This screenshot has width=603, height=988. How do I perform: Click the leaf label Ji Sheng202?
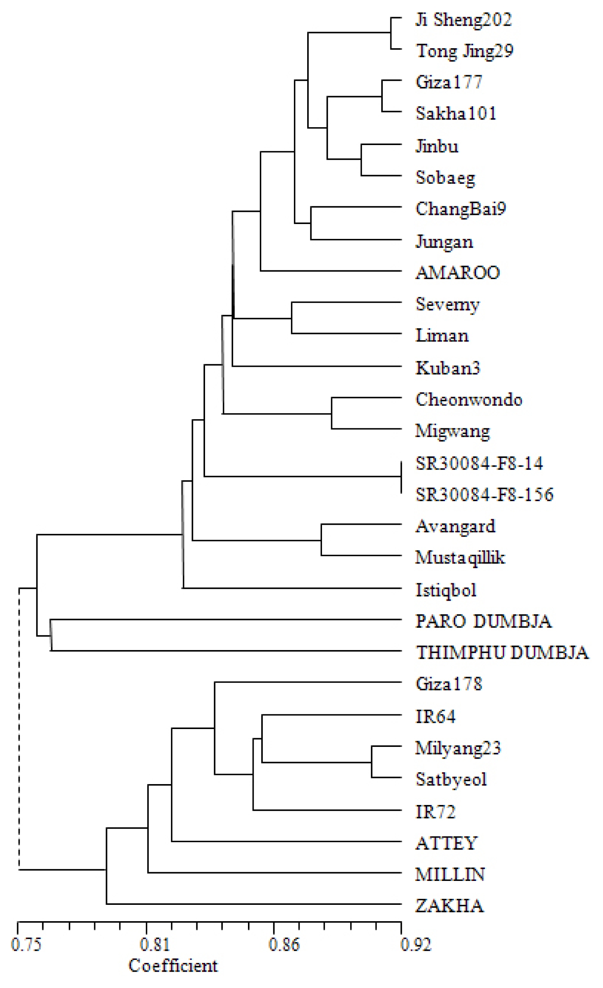coord(464,20)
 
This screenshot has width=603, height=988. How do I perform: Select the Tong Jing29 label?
coord(465,51)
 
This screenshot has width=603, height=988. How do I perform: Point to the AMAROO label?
coord(458,273)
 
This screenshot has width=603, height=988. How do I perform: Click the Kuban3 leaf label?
coord(447,368)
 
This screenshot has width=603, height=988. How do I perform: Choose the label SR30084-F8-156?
coord(484,494)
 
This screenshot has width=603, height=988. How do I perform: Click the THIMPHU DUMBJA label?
coord(502,652)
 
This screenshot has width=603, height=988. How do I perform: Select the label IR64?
coord(436,716)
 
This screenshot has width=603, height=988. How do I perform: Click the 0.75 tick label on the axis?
coord(26,945)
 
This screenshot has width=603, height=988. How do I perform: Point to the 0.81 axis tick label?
coord(155,945)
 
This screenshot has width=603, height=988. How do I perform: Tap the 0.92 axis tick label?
coord(416,945)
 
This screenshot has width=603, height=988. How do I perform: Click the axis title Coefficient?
coord(173,966)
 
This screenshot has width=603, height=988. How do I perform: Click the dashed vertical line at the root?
coord(19,729)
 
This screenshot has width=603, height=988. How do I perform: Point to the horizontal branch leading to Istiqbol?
coord(292,588)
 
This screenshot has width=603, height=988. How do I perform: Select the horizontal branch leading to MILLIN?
coord(275,873)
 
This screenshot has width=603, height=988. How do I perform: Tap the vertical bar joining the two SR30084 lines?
coord(401,477)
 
